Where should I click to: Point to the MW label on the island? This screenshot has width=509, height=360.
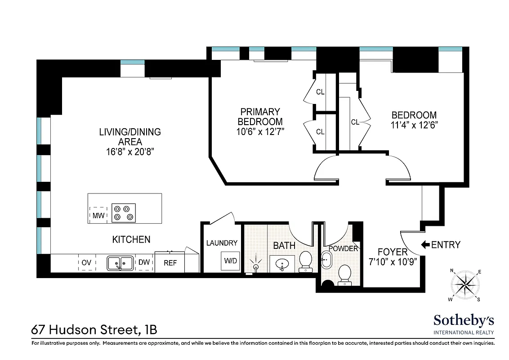coord(98,216)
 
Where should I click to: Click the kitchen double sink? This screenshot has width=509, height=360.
coord(120,263)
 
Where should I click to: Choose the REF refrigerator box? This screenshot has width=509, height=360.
coord(170,263)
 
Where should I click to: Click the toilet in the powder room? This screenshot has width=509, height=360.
coord(344,274)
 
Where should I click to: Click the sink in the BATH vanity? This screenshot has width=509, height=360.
coord(282,263)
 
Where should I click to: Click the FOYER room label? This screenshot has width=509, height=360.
coord(392,252)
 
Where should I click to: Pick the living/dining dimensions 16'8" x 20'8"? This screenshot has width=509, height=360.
coord(129,152)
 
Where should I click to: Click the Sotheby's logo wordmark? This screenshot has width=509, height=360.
coord(464,320)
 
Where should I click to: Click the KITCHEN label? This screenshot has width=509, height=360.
coord(131,239)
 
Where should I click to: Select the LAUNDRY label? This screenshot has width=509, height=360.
coord(222,243)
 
